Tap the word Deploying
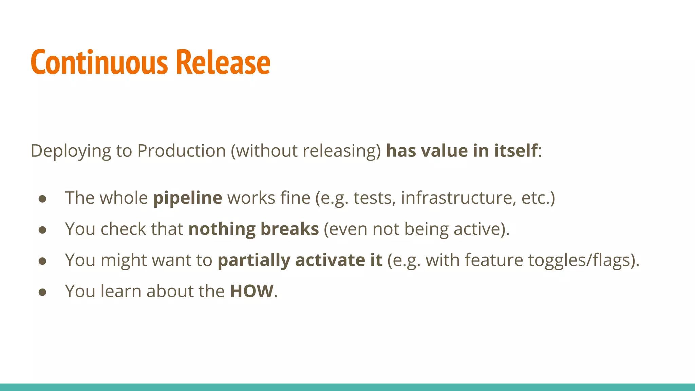[71, 151]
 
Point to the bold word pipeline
[188, 198]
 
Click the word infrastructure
[456, 198]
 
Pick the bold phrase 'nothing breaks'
[253, 229]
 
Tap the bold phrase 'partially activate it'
[300, 260]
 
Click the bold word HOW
[251, 291]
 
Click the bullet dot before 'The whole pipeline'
[42, 199]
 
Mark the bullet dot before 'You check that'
[42, 230]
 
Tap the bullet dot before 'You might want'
[42, 261]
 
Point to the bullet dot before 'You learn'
[42, 292]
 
